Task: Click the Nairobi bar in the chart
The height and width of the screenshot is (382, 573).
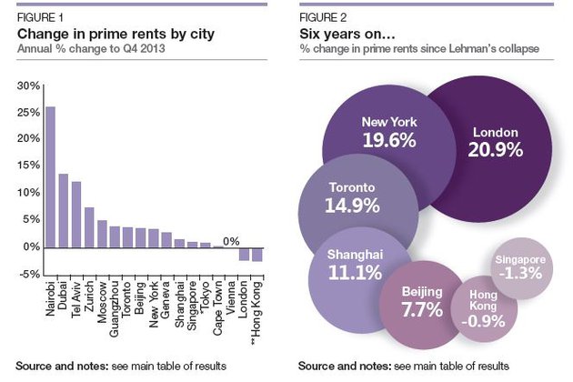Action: tap(50, 177)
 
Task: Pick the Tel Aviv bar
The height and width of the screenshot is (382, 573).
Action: tap(76, 215)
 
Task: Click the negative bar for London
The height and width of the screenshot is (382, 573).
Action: tap(244, 254)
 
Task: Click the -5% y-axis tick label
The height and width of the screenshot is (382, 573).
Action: tap(26, 274)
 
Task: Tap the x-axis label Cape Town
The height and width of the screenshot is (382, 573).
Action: tap(218, 299)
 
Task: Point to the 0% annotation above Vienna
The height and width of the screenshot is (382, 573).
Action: tap(231, 241)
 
